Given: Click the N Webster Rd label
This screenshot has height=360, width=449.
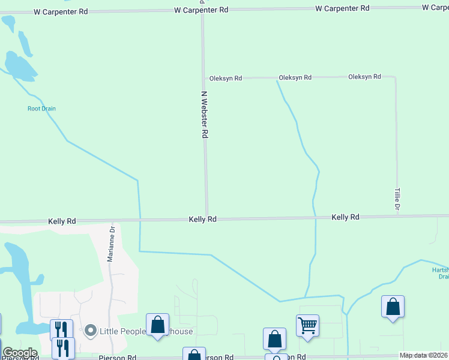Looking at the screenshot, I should pyautogui.click(x=204, y=115).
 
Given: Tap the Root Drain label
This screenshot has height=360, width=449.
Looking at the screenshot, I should pyautogui.click(x=41, y=109).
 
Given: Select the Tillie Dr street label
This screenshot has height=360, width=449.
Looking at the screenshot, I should pyautogui.click(x=397, y=199).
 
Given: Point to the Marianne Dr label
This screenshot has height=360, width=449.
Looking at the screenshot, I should pyautogui.click(x=110, y=245).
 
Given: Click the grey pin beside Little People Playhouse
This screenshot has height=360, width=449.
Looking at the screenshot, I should pyautogui.click(x=91, y=331).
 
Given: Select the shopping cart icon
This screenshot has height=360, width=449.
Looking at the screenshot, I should pyautogui.click(x=307, y=326).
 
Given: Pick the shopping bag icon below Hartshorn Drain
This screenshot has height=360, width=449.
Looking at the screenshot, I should pyautogui.click(x=393, y=307).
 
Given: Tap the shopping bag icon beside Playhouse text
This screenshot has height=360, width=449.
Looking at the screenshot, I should pyautogui.click(x=157, y=325).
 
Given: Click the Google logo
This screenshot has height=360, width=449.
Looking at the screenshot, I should pyautogui.click(x=20, y=353).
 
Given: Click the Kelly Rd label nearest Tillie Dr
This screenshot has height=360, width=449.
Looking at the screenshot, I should pyautogui.click(x=345, y=217).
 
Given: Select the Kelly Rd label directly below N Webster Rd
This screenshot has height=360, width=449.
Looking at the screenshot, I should pyautogui.click(x=202, y=220).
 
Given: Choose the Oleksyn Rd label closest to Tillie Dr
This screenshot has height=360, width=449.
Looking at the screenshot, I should pyautogui.click(x=364, y=77).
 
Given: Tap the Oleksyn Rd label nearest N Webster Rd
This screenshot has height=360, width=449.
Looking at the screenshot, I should pyautogui.click(x=225, y=78).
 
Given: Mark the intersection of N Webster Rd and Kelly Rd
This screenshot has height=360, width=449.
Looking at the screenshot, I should pyautogui.click(x=207, y=219).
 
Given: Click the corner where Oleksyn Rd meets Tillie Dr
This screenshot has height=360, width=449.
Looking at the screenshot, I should pyautogui.click(x=395, y=77).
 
